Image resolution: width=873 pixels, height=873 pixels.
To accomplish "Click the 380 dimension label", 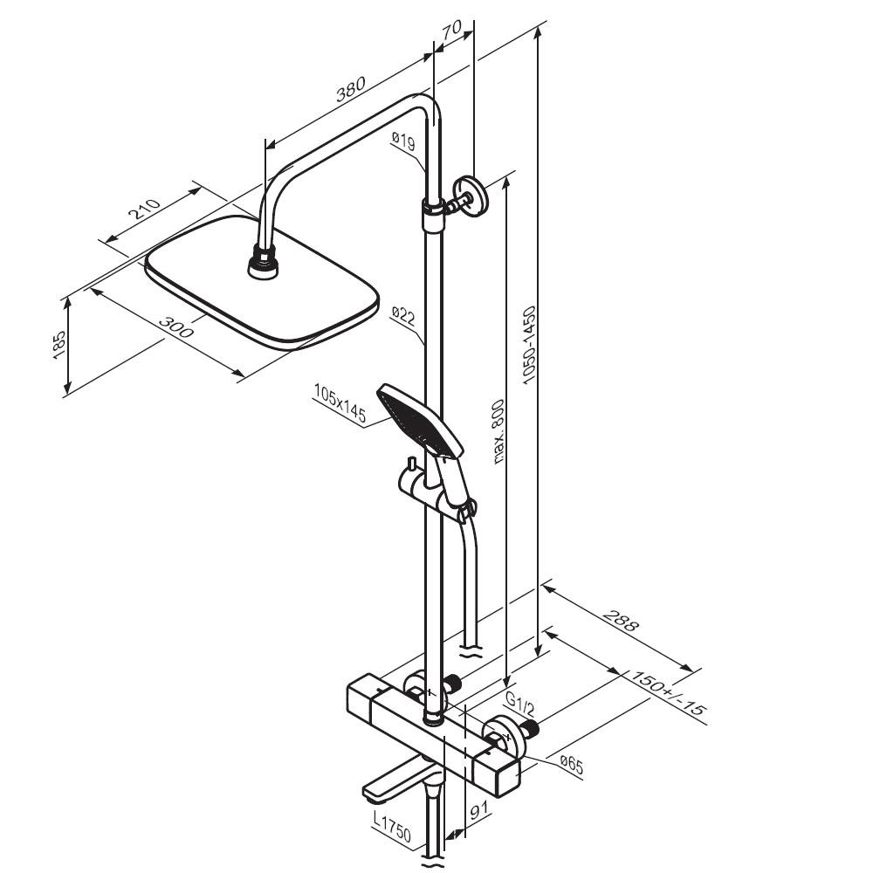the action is tap(351, 88).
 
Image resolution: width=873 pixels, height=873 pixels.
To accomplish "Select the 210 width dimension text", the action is tap(145, 208).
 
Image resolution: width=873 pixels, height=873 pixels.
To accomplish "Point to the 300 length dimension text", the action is tap(176, 327).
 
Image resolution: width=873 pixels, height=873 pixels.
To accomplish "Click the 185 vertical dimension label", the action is tap(59, 345).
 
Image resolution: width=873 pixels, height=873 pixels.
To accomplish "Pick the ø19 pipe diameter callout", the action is tap(402, 141).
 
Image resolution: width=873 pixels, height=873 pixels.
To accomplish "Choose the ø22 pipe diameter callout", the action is tap(403, 315).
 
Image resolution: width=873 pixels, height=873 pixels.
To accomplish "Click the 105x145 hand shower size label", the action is tap(340, 403).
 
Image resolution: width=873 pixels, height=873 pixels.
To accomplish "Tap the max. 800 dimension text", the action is tap(498, 432).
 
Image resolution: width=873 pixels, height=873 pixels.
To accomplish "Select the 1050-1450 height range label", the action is tap(529, 345).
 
